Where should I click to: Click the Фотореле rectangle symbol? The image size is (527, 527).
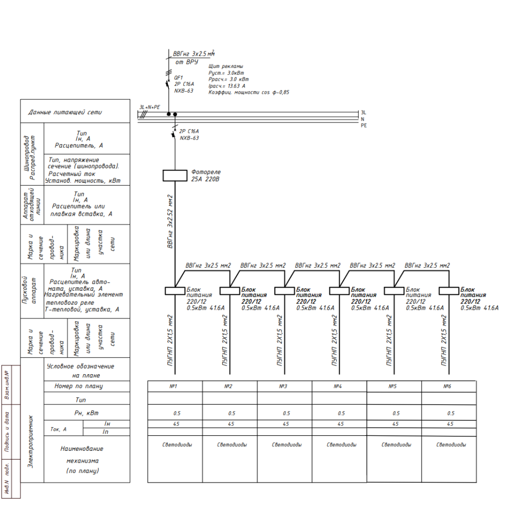tap(175, 175)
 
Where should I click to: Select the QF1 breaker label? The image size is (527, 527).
tap(179, 78)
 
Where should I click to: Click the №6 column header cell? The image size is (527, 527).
tap(449, 386)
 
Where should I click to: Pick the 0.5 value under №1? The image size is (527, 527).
tap(177, 413)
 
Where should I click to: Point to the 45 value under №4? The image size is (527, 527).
tap(341, 424)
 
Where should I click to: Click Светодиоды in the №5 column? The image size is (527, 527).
tap(396, 445)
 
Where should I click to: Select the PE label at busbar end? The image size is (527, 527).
tap(364, 126)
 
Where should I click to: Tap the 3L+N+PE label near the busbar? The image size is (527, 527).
tap(150, 107)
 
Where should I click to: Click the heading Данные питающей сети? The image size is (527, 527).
tap(65, 112)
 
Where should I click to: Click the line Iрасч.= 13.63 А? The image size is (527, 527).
tap(227, 86)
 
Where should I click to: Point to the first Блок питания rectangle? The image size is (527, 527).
tap(175, 291)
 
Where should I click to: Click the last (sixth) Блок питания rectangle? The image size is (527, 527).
tap(449, 291)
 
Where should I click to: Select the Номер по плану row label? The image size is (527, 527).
tap(79, 386)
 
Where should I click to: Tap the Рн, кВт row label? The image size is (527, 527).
tap(86, 413)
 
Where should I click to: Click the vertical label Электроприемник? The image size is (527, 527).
tap(30, 442)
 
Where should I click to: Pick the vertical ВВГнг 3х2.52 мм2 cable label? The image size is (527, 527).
tap(170, 221)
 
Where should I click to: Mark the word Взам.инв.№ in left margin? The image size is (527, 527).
tap(6, 385)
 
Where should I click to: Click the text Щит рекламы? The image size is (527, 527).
tap(225, 66)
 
